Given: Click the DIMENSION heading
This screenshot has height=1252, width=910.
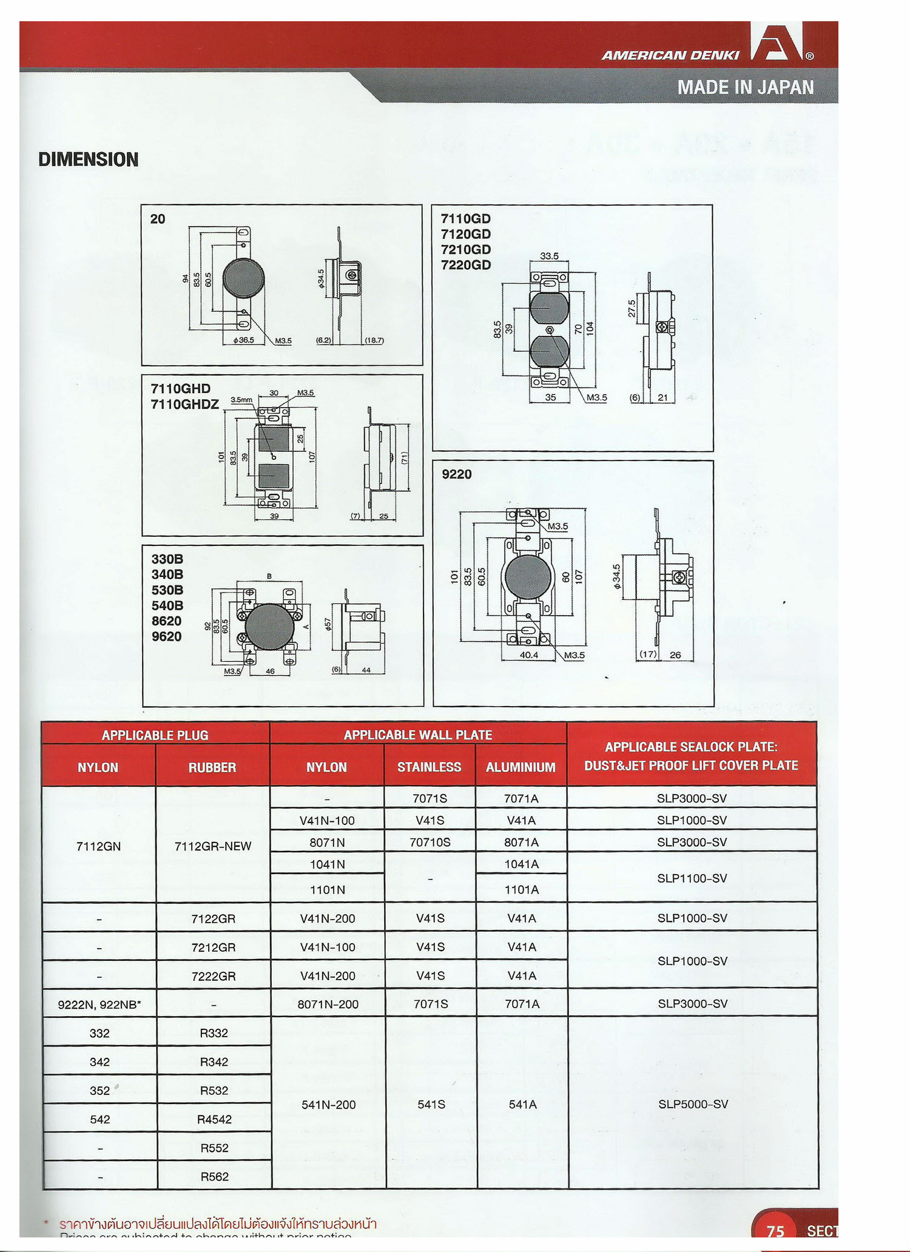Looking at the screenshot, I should [89, 160].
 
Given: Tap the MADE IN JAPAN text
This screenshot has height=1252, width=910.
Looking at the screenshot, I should [745, 87].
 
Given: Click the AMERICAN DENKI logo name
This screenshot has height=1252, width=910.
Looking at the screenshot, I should [670, 55].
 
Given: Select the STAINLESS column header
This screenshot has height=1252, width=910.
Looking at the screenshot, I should [429, 767].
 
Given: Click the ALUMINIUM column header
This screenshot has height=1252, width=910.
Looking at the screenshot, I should [521, 767].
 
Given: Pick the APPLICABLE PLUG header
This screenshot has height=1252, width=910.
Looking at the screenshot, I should [155, 735].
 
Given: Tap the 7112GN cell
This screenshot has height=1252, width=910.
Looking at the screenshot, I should [98, 846].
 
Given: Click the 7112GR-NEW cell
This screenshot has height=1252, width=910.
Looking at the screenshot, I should [212, 846].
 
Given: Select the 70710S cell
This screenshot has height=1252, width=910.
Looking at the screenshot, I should [430, 842].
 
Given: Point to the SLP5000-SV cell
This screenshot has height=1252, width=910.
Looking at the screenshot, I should [693, 1104].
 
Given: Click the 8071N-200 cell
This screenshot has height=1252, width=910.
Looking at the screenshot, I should [327, 1004].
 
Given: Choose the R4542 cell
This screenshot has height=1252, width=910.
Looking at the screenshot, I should [214, 1119].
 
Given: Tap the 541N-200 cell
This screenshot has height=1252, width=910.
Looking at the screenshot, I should [328, 1105].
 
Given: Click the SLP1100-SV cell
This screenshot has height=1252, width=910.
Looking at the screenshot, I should [692, 878].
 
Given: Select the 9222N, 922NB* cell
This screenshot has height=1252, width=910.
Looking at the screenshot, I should [99, 1005].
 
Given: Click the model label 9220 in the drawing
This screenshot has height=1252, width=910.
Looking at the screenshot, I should [456, 474].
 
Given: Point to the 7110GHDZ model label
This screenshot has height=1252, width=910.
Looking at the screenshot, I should [184, 404].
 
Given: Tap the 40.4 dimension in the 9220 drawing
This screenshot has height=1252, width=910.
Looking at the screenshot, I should [529, 655].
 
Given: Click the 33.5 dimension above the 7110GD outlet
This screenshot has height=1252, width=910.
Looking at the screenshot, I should [549, 256].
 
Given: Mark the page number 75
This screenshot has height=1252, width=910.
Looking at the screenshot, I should [775, 1230].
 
